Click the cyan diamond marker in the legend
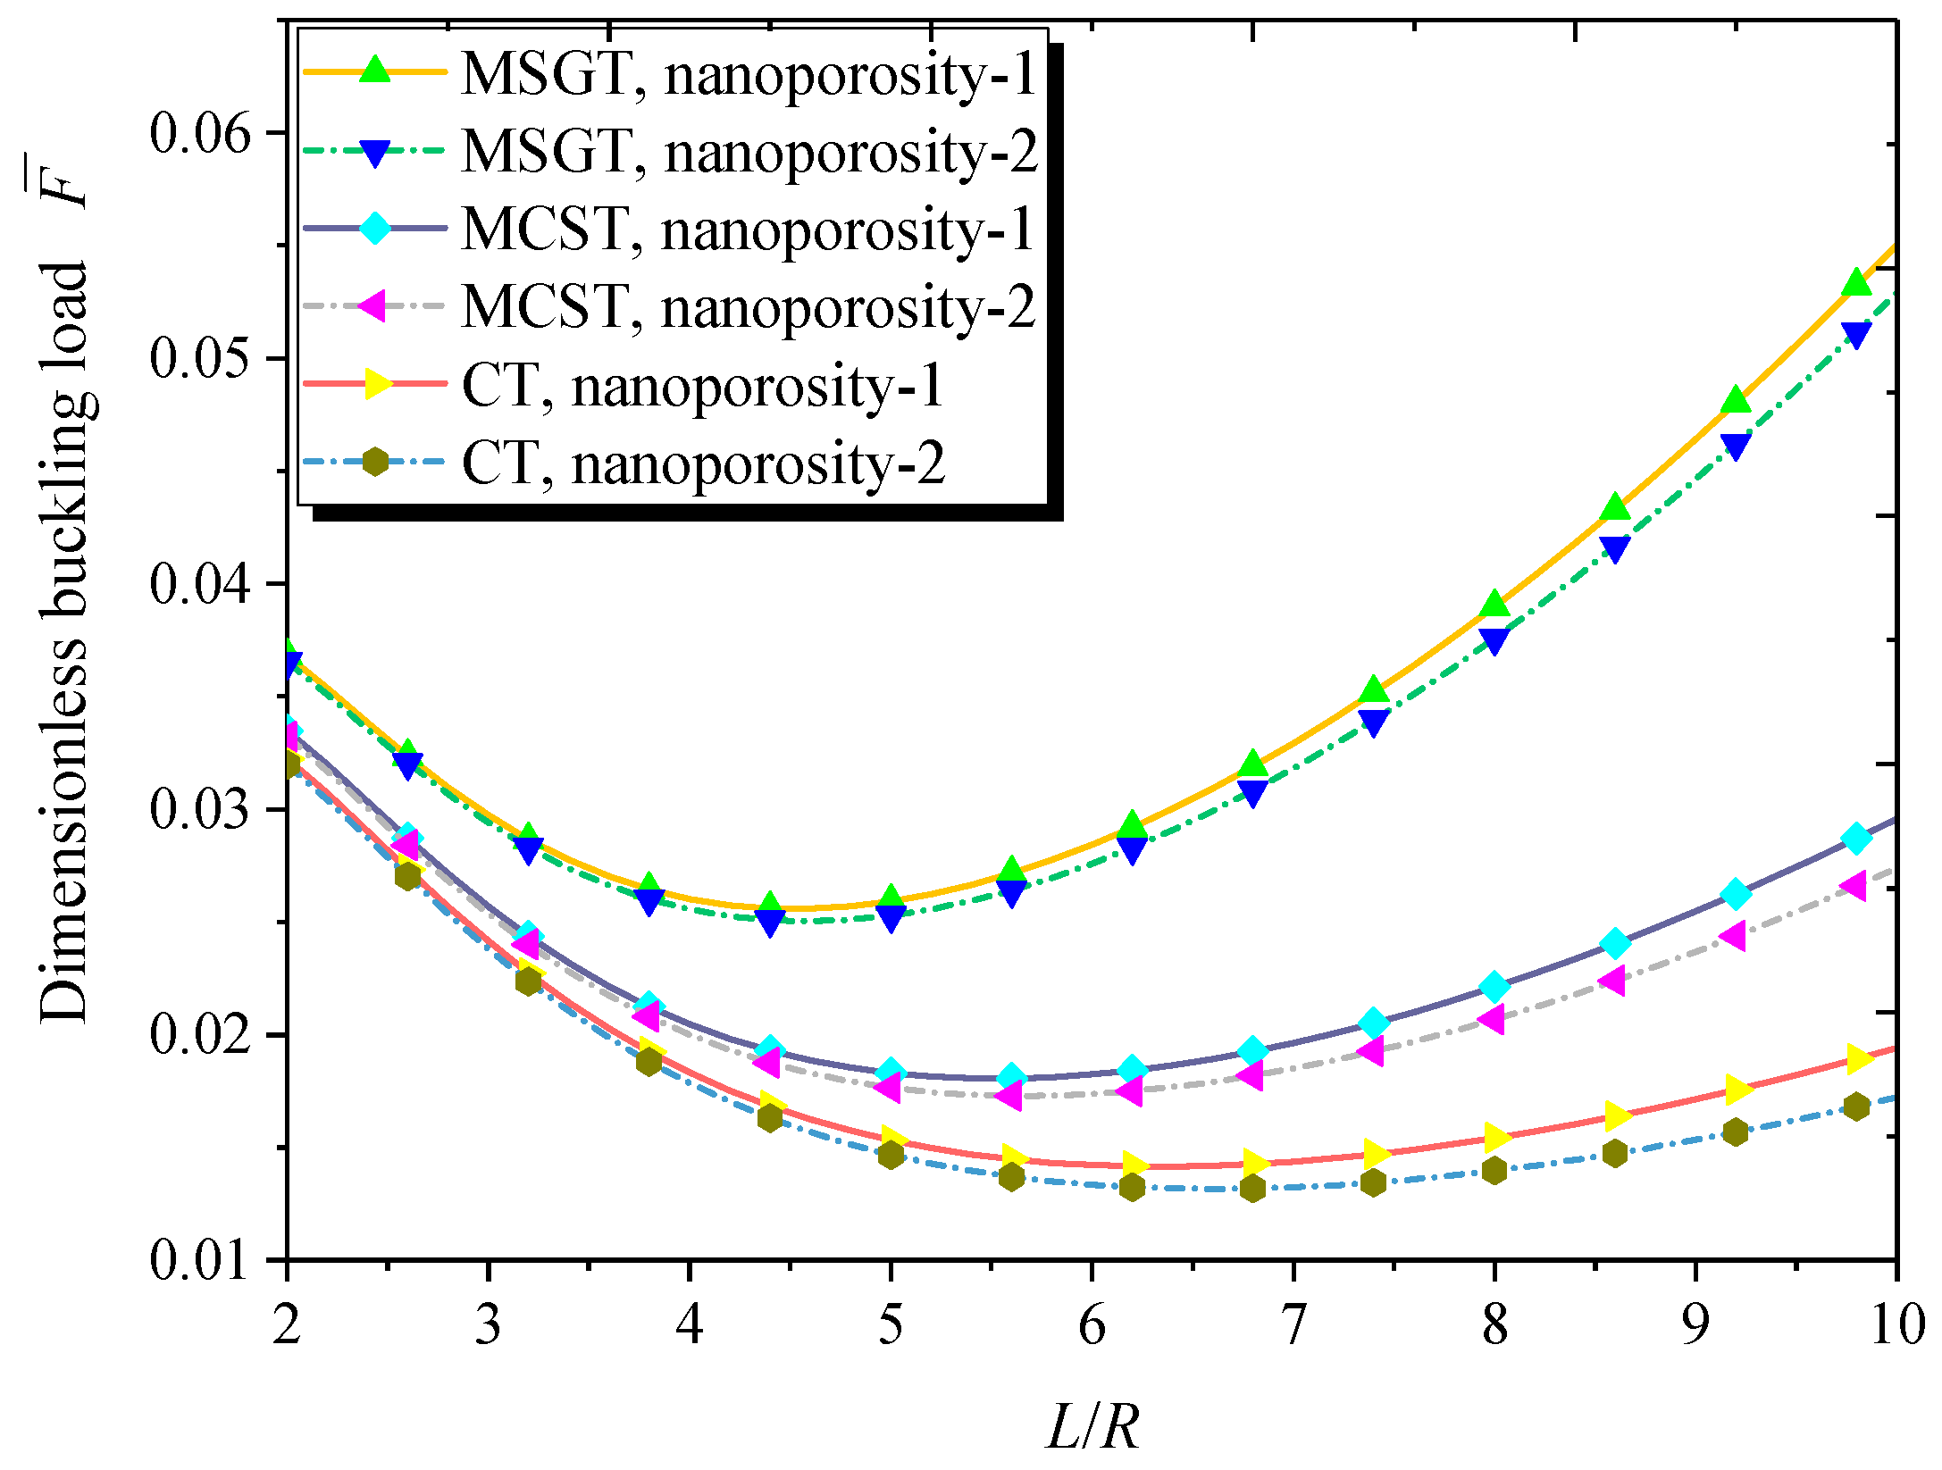point(376,229)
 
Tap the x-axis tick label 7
point(1293,1324)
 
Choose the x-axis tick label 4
point(689,1324)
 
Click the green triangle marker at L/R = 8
point(1494,606)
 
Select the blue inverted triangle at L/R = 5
point(890,917)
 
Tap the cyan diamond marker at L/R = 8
point(1494,987)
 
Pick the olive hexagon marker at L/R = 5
point(890,1155)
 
